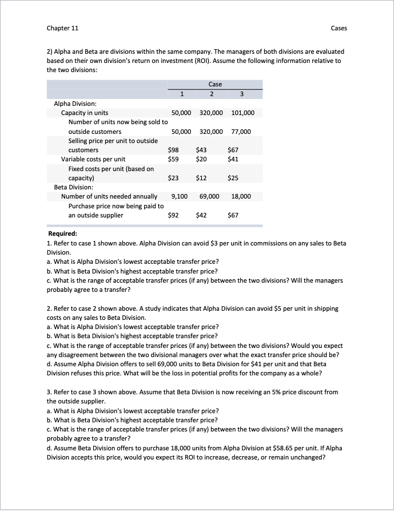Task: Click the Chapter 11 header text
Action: tap(62, 28)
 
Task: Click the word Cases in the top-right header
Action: tap(339, 28)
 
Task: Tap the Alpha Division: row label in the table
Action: tap(75, 104)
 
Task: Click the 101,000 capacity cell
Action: tap(243, 113)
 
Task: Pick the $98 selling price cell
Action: tap(173, 150)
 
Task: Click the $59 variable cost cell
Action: tap(173, 159)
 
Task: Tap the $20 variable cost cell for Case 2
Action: tap(201, 159)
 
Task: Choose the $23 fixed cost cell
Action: tap(173, 178)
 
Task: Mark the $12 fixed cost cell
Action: tap(201, 178)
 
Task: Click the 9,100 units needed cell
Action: tap(180, 196)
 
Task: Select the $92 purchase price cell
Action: tap(173, 215)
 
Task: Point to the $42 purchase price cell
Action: tap(201, 215)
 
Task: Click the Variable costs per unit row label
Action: tap(93, 159)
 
